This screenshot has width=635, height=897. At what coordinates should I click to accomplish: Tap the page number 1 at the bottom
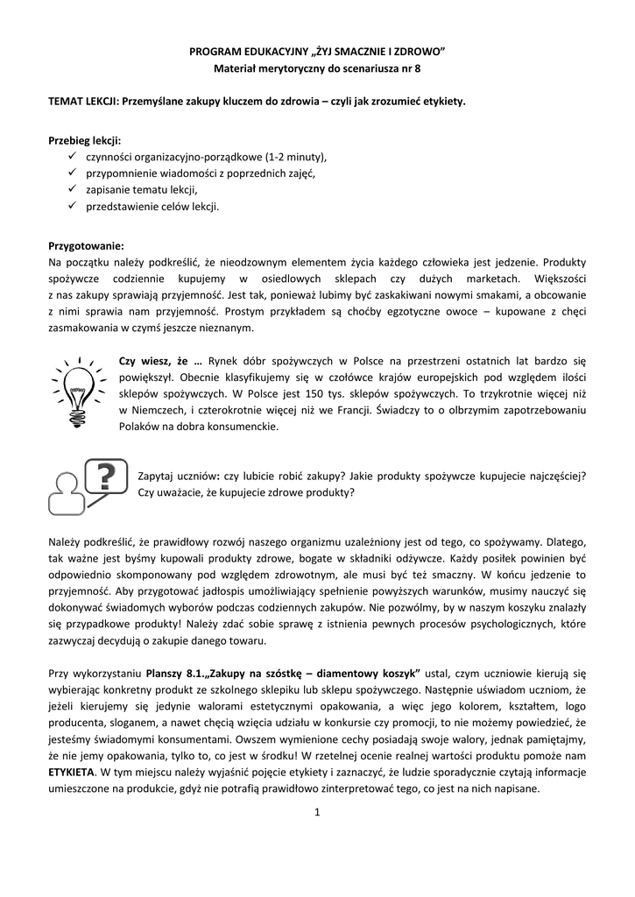(x=317, y=812)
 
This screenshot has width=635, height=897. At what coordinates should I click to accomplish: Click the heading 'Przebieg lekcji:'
(x=85, y=140)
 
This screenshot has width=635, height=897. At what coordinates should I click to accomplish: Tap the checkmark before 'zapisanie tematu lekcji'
(x=72, y=190)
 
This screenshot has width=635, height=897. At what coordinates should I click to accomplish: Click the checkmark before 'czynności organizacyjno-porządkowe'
(x=72, y=157)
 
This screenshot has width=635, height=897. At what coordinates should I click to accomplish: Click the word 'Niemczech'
(x=154, y=411)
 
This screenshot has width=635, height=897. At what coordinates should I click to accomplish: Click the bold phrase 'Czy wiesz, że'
(x=157, y=361)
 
